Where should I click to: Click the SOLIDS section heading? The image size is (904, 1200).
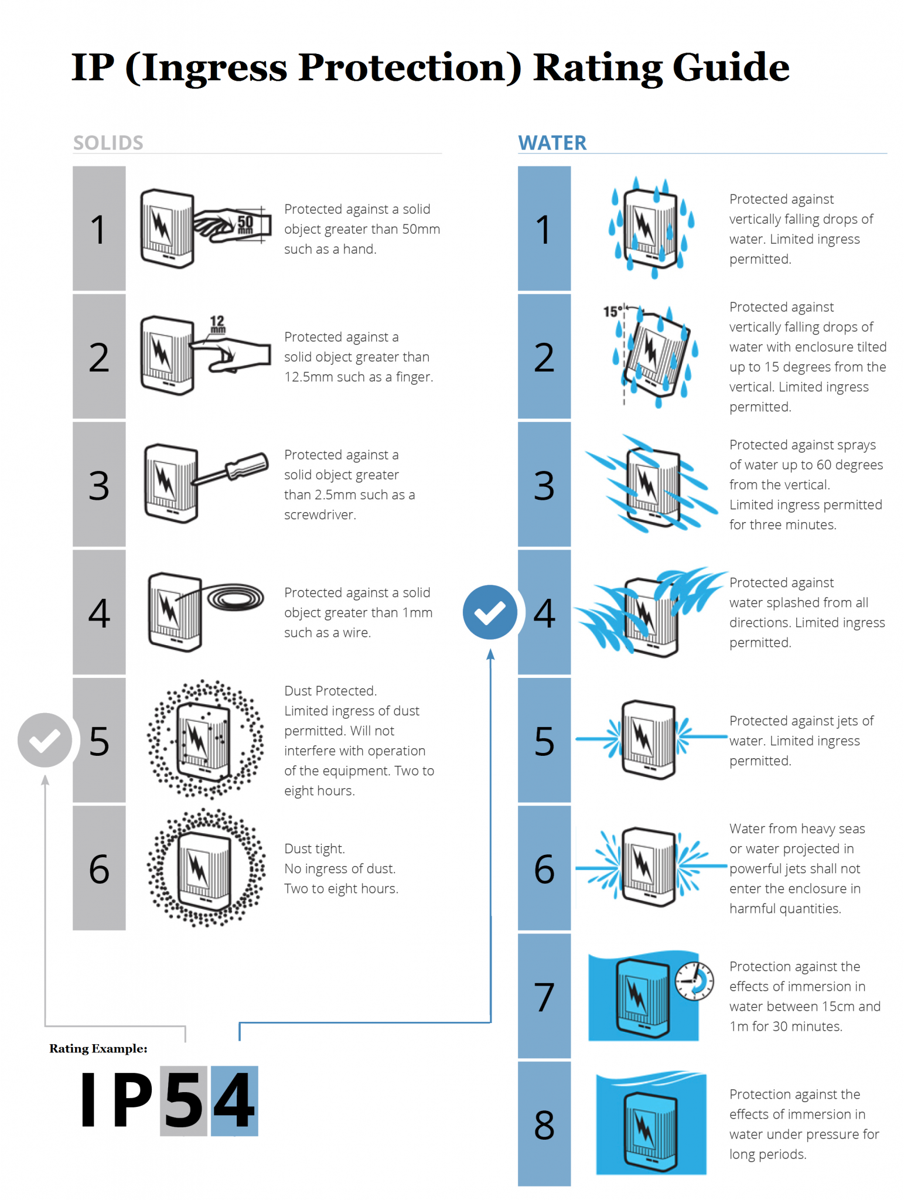pyautogui.click(x=108, y=143)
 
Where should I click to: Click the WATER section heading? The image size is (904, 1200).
pyautogui.click(x=552, y=143)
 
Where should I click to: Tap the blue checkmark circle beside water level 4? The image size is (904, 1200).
pyautogui.click(x=490, y=612)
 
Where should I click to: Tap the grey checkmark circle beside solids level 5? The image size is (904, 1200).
pyautogui.click(x=45, y=740)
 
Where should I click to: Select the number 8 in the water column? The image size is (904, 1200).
pyautogui.click(x=544, y=1125)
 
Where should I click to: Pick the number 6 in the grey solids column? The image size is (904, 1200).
pyautogui.click(x=99, y=868)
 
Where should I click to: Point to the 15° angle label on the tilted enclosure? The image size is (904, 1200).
pyautogui.click(x=613, y=312)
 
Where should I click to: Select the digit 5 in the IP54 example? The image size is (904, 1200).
pyautogui.click(x=184, y=1100)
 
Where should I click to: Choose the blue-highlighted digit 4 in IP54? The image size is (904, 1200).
pyautogui.click(x=234, y=1100)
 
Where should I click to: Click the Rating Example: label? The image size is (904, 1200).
pyautogui.click(x=98, y=1048)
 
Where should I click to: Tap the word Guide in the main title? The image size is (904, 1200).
pyautogui.click(x=731, y=67)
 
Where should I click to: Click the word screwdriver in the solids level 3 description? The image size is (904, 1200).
pyautogui.click(x=320, y=515)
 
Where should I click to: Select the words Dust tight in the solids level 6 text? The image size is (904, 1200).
pyautogui.click(x=315, y=849)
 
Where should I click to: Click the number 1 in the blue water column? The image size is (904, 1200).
pyautogui.click(x=544, y=229)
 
